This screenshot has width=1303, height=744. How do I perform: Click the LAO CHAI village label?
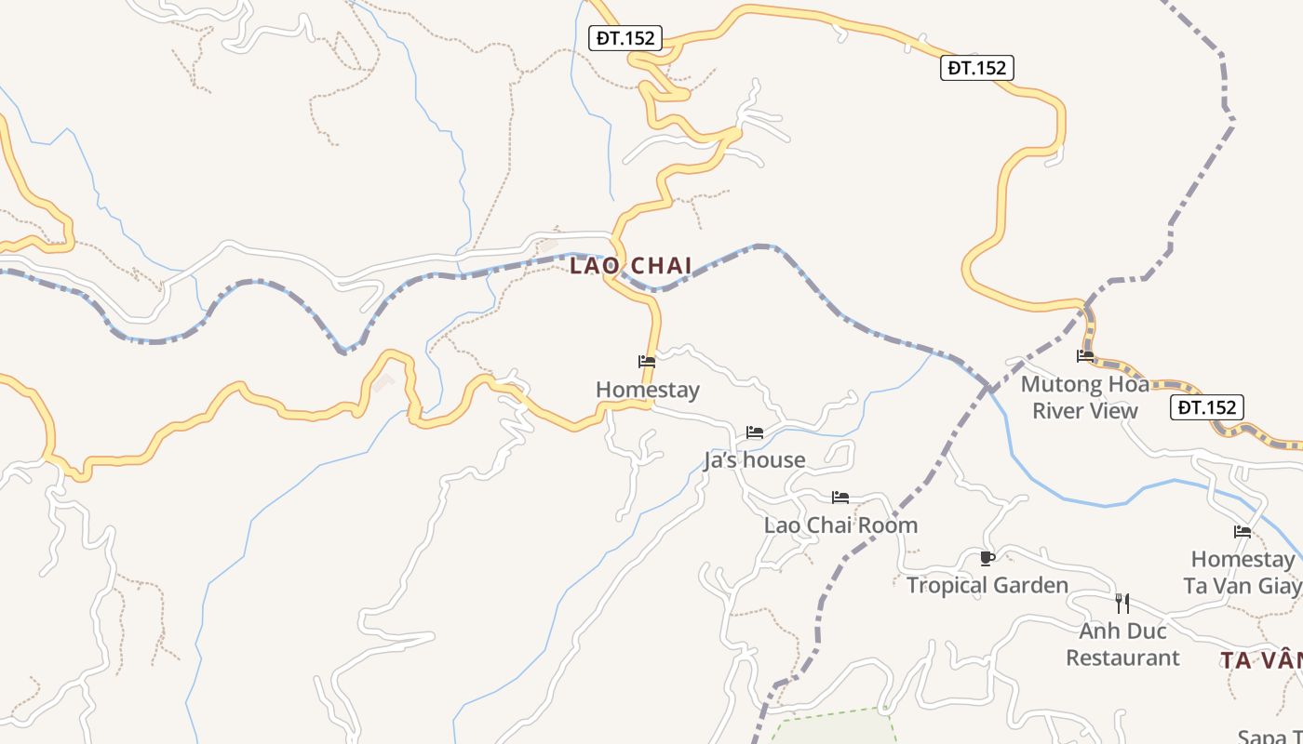[x=630, y=266]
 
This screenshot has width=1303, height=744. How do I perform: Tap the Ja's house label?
[x=754, y=460]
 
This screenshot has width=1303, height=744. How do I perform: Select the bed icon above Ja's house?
[x=755, y=432]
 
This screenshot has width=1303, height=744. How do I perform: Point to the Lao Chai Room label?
[x=840, y=525]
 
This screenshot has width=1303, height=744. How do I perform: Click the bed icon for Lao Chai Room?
[x=840, y=498]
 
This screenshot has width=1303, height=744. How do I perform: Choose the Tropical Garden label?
[x=987, y=585]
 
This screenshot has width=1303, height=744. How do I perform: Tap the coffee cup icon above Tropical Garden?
[x=987, y=558]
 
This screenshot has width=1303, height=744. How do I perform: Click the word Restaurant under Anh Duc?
[x=1122, y=658]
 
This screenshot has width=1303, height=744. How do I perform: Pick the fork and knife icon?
[x=1122, y=603]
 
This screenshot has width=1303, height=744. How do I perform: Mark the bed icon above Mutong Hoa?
[x=1085, y=355]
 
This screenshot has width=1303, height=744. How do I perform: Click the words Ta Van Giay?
[x=1242, y=586]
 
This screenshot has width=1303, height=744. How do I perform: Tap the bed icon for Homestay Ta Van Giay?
[x=1243, y=532]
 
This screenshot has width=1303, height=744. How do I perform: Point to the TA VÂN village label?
[x=1261, y=660]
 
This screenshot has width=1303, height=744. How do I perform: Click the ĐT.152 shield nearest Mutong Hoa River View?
[x=1206, y=407]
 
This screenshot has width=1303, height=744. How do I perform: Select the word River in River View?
[x=1058, y=410]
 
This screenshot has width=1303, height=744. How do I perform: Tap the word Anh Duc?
[x=1122, y=631]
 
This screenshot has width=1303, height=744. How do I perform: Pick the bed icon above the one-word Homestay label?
[x=647, y=362]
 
